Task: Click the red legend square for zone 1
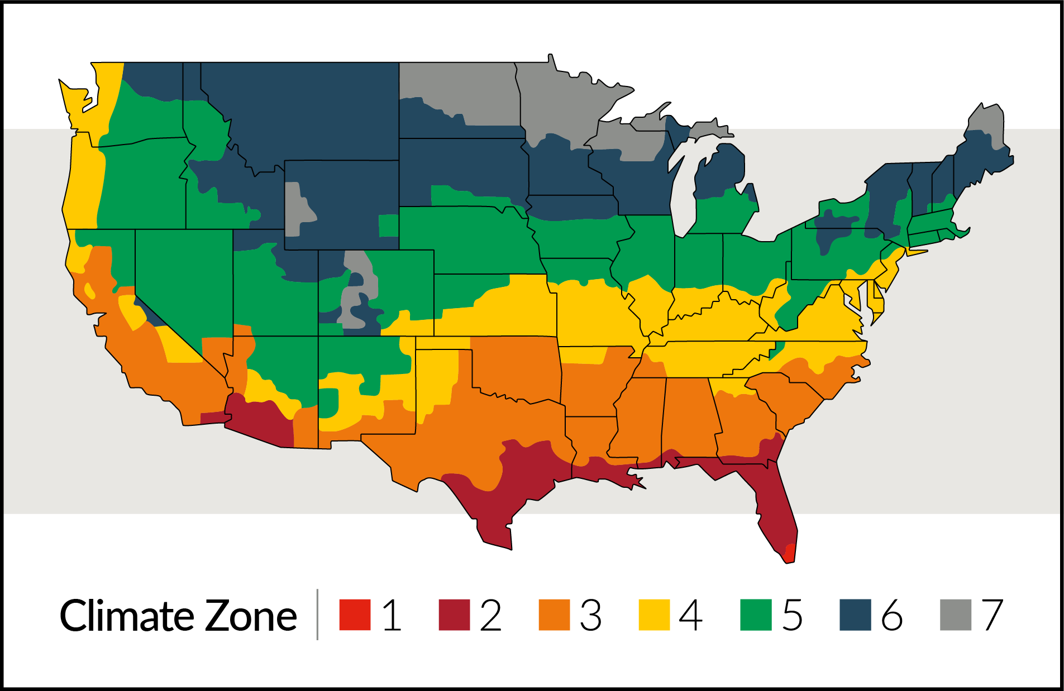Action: pos(355,615)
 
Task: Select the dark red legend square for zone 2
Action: pos(454,615)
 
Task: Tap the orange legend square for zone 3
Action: pos(554,615)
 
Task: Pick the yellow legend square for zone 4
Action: pos(654,615)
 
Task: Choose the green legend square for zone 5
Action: pos(755,615)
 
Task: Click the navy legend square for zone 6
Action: pos(855,615)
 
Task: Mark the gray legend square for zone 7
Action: pos(955,615)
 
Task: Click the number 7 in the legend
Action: pos(993,615)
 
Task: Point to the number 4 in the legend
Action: pos(691,615)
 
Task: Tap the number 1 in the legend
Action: pos(392,615)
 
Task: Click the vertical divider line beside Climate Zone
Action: pos(317,614)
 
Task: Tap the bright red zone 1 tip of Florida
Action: pos(789,554)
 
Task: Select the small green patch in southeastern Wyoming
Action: pos(388,225)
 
